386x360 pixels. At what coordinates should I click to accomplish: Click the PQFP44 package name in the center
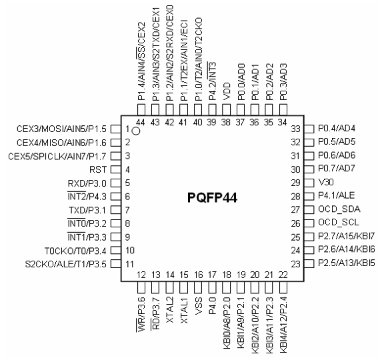212,197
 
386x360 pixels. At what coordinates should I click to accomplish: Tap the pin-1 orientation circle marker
136,131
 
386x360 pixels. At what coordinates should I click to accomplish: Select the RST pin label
98,169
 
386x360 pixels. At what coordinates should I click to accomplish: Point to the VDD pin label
226,91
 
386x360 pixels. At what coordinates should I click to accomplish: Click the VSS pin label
198,306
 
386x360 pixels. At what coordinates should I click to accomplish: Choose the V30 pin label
326,182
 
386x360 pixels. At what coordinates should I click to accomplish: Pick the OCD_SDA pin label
339,209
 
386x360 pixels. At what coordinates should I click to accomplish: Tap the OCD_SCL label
339,223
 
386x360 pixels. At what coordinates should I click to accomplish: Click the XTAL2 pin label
170,310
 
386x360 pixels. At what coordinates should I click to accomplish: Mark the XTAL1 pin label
184,310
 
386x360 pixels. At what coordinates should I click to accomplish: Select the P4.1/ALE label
336,195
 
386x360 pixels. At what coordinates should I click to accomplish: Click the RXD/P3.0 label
87,183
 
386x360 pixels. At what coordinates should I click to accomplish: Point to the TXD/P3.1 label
87,210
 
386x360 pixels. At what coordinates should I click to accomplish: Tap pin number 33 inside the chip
295,129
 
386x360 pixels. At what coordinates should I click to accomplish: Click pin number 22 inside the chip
283,275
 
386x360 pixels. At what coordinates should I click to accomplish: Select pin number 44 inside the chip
141,122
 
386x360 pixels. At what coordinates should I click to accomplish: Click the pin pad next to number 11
116,264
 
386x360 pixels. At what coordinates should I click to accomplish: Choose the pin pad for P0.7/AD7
309,169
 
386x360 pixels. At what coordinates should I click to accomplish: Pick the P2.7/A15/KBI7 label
347,236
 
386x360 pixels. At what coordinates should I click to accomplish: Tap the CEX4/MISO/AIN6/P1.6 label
61,143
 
